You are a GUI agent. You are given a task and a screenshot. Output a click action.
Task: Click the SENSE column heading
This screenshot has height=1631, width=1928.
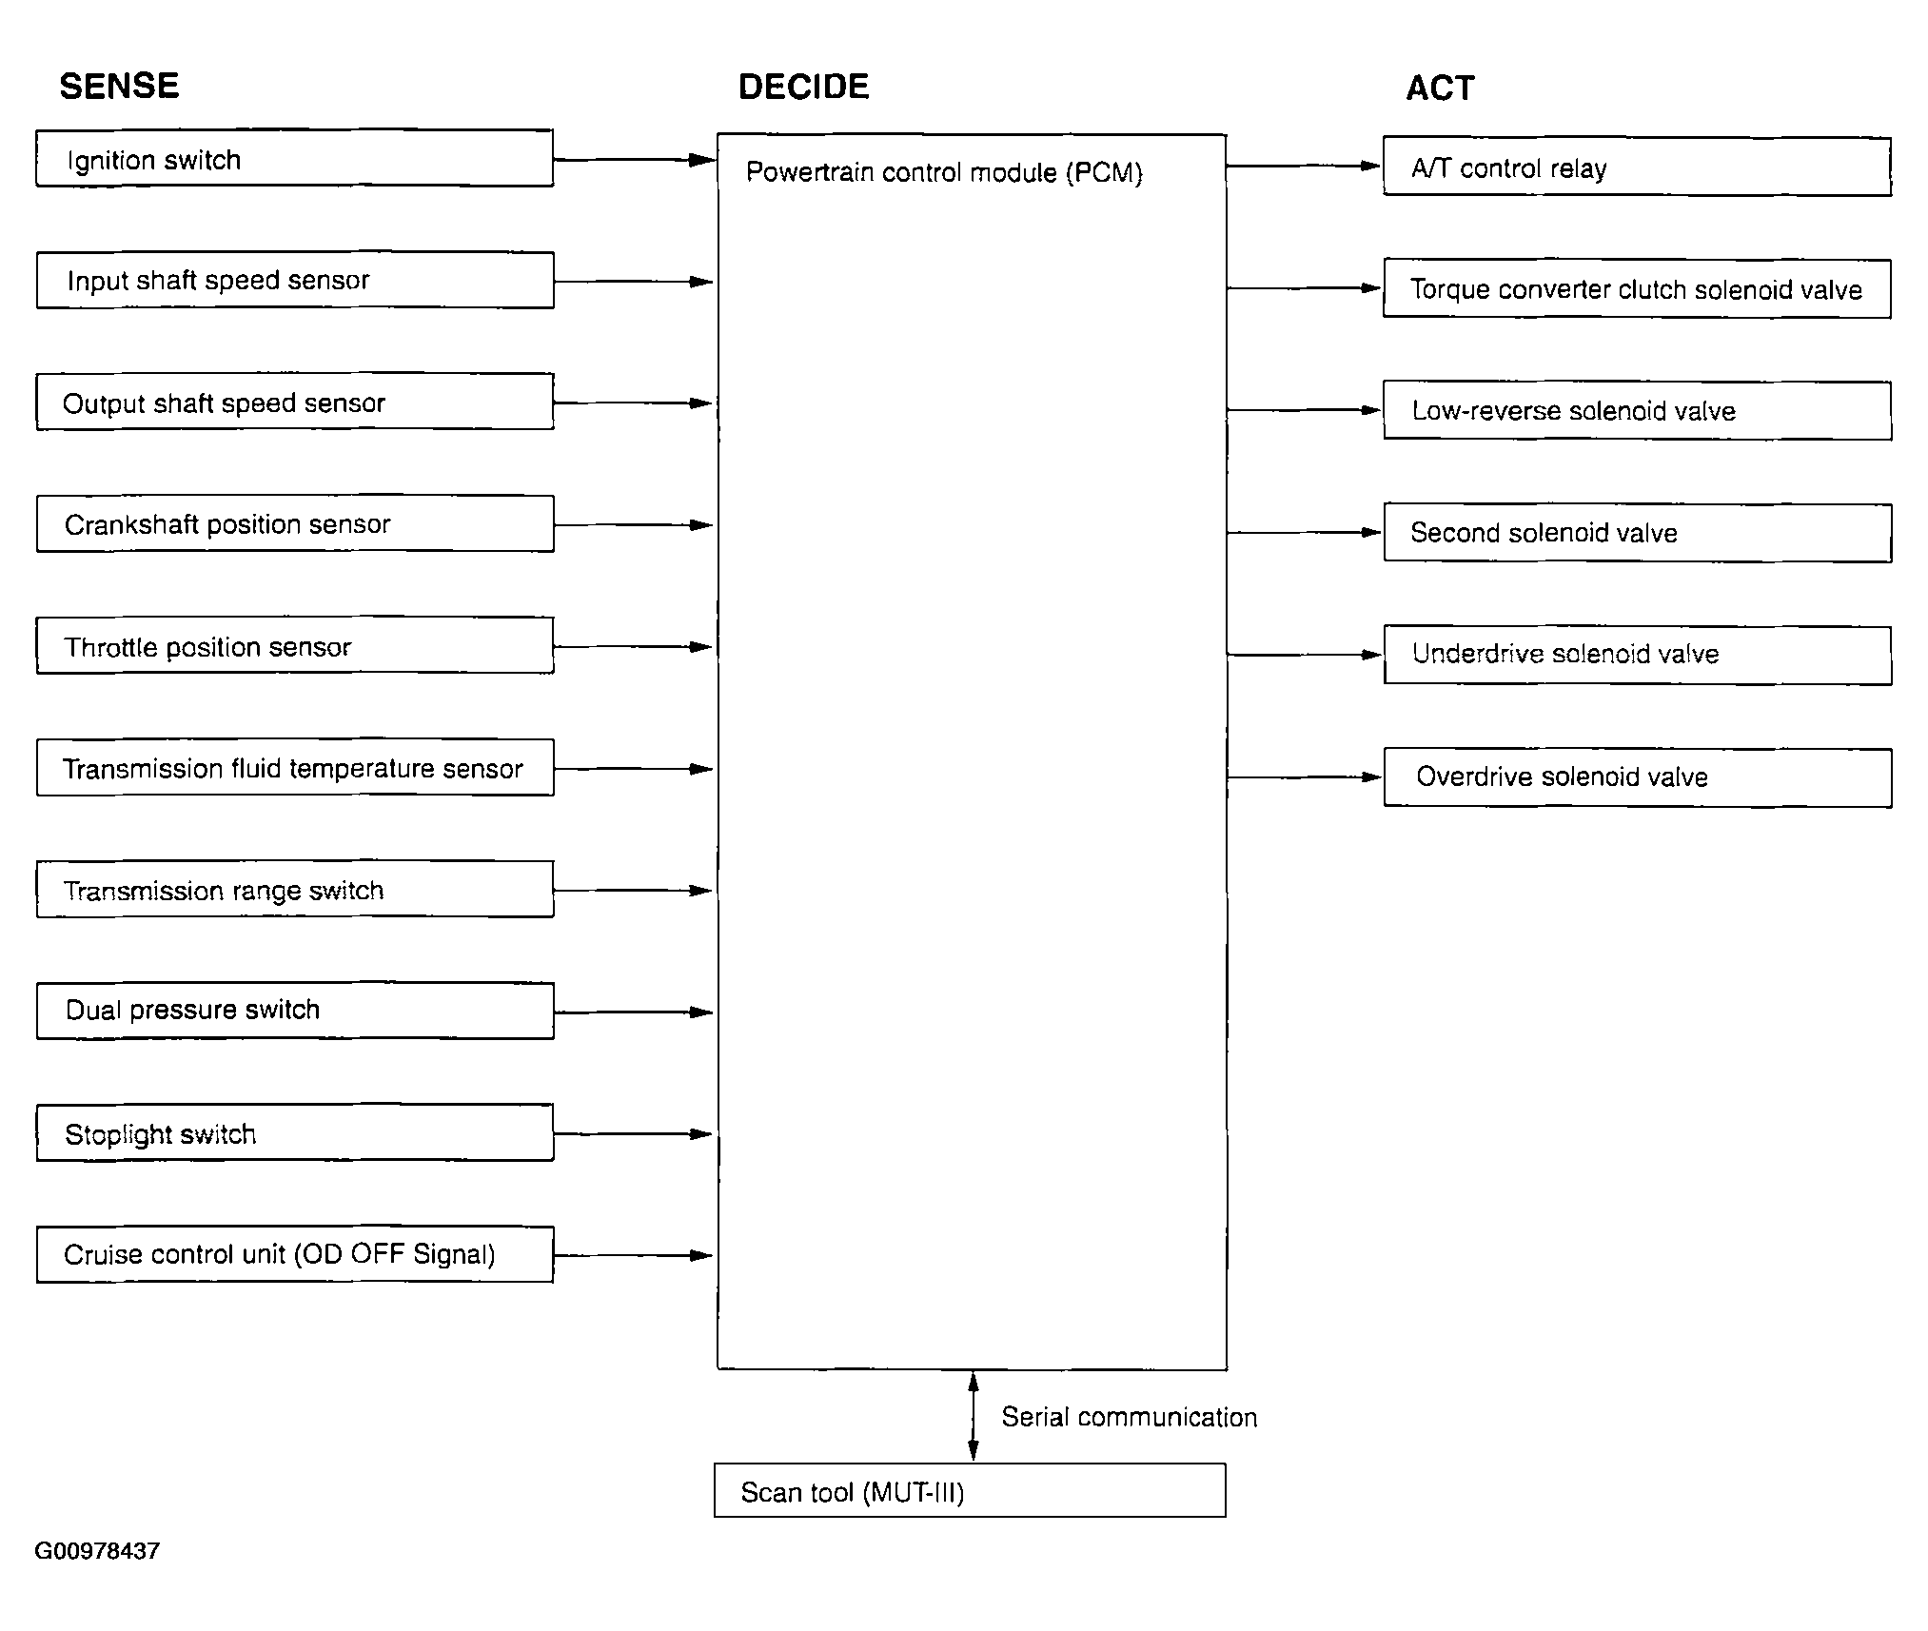pyautogui.click(x=119, y=86)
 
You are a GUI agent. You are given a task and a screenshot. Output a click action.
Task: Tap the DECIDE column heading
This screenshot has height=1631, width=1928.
pyautogui.click(x=803, y=87)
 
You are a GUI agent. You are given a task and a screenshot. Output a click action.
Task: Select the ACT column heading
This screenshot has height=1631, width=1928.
pyautogui.click(x=1440, y=88)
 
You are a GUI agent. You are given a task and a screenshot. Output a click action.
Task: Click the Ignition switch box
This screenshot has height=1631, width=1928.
pyautogui.click(x=295, y=158)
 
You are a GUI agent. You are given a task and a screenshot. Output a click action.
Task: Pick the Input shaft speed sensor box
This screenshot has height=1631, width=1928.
pyautogui.click(x=295, y=280)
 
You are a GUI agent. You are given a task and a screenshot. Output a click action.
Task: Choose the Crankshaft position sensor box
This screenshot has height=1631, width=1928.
pyautogui.click(x=295, y=523)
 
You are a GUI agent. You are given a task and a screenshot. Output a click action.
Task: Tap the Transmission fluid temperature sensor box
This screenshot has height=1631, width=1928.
pyautogui.click(x=295, y=767)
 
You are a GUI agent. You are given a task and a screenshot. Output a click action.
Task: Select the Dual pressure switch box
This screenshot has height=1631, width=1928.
pyautogui.click(x=295, y=1011)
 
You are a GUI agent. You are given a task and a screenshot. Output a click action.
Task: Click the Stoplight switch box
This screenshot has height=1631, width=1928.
pyautogui.click(x=295, y=1132)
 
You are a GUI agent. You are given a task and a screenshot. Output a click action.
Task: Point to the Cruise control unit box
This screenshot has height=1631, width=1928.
pyautogui.click(x=295, y=1254)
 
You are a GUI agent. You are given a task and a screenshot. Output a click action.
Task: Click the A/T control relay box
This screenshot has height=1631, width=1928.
pyautogui.click(x=1637, y=167)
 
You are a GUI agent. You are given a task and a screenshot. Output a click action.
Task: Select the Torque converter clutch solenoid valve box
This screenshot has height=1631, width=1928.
pyautogui.click(x=1637, y=288)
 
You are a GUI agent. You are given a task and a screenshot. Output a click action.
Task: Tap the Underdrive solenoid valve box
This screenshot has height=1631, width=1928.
pyautogui.click(x=1638, y=655)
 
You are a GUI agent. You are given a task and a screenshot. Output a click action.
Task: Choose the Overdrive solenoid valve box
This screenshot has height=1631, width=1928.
pyautogui.click(x=1638, y=777)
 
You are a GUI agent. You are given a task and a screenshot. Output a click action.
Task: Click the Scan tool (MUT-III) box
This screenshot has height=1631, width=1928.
pyautogui.click(x=970, y=1490)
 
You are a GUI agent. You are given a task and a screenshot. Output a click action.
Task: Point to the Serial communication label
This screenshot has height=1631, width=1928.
pyautogui.click(x=1129, y=1417)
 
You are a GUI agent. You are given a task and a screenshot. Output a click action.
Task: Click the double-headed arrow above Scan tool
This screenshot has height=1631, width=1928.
pyautogui.click(x=973, y=1416)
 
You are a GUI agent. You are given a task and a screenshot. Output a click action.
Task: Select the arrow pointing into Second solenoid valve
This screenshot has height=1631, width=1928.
pyautogui.click(x=1305, y=533)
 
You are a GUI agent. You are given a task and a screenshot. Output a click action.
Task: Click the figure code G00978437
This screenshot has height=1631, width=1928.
pyautogui.click(x=97, y=1551)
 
